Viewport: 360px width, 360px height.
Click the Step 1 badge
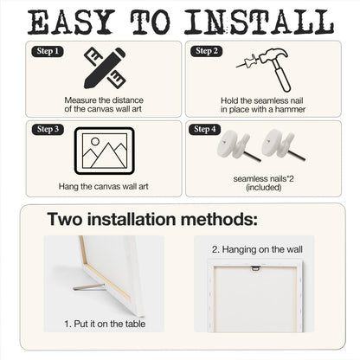[x=48, y=51]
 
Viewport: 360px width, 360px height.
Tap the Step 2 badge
[x=207, y=51]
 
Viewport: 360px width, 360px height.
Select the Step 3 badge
[x=48, y=129]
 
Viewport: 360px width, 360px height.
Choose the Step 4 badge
[x=204, y=129]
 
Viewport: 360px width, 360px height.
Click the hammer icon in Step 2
[x=277, y=68]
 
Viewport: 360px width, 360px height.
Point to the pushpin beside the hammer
[x=247, y=61]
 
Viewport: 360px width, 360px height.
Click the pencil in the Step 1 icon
[x=105, y=67]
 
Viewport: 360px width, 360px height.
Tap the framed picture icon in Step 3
[x=105, y=151]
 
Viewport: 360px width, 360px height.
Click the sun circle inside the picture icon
[x=95, y=141]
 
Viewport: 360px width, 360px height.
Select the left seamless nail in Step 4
[x=238, y=146]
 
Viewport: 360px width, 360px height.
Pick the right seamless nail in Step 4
[x=283, y=145]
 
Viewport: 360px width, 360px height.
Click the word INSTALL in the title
[x=259, y=22]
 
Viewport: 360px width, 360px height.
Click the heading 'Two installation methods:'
[x=152, y=219]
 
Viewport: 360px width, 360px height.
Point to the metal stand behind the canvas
[x=88, y=286]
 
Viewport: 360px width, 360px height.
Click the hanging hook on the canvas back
[x=255, y=268]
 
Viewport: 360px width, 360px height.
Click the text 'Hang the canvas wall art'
[x=104, y=186]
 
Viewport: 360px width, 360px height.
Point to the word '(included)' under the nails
[x=264, y=188]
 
